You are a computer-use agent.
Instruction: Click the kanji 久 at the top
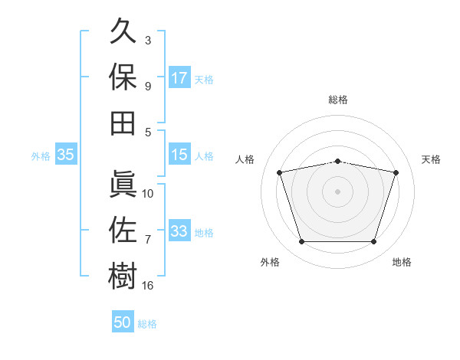pyautogui.click(x=123, y=31)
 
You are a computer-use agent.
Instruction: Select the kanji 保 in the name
pyautogui.click(x=123, y=77)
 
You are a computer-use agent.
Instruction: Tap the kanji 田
pyautogui.click(x=123, y=123)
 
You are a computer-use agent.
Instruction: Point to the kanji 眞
pyautogui.click(x=123, y=184)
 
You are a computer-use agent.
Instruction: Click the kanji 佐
pyautogui.click(x=123, y=230)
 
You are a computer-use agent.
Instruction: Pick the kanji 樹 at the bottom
pyautogui.click(x=123, y=276)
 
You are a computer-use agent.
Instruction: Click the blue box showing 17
pyautogui.click(x=179, y=77)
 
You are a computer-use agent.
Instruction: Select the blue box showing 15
pyautogui.click(x=179, y=154)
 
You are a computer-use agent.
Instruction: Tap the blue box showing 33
pyautogui.click(x=179, y=230)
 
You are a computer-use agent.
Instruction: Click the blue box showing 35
pyautogui.click(x=66, y=154)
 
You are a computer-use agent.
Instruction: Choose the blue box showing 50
pyautogui.click(x=123, y=321)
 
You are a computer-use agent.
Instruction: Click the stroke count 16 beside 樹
pyautogui.click(x=147, y=285)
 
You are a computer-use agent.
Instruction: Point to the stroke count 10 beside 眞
pyautogui.click(x=147, y=194)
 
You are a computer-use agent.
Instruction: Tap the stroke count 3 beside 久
pyautogui.click(x=148, y=40)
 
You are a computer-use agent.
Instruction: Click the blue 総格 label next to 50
pyautogui.click(x=147, y=324)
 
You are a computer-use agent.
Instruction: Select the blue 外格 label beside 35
pyautogui.click(x=41, y=156)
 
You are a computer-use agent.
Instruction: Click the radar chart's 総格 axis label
pyautogui.click(x=338, y=100)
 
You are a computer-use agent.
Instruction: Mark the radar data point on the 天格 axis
pyautogui.click(x=396, y=172)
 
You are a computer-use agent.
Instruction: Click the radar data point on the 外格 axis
pyautogui.click(x=302, y=241)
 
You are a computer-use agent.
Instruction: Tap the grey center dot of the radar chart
pyautogui.click(x=337, y=191)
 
